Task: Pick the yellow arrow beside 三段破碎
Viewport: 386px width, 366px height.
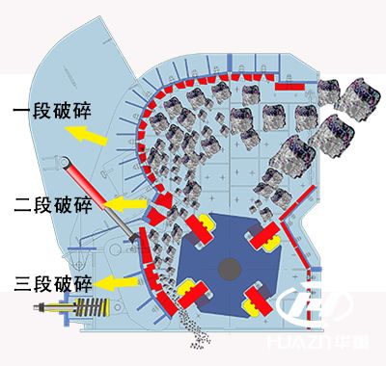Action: tap(118, 283)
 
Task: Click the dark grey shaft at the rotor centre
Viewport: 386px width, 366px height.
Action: tap(230, 266)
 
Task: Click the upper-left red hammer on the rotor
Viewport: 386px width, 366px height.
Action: tap(197, 228)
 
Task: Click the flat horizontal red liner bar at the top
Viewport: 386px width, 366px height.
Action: tap(289, 88)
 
